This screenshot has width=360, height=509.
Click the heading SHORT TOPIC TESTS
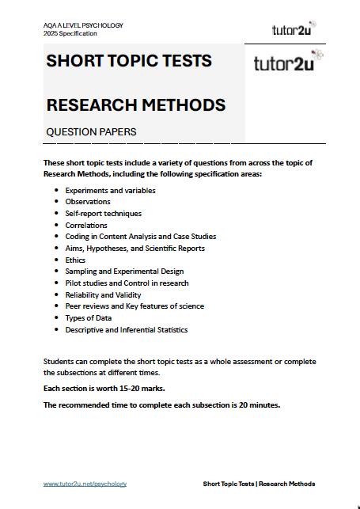[x=129, y=61]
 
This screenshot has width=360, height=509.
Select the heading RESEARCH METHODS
[x=136, y=104]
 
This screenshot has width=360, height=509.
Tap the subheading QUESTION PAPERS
[x=92, y=131]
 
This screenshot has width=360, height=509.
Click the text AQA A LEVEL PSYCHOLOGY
[x=83, y=25]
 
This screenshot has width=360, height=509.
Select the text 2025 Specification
[x=70, y=33]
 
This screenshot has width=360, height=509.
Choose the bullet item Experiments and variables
[x=110, y=191]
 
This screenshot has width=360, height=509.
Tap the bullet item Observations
[x=88, y=202]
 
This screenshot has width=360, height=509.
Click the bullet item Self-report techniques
[x=104, y=214]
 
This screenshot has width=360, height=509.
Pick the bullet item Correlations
[x=86, y=225]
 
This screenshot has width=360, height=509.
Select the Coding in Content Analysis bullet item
[x=141, y=237]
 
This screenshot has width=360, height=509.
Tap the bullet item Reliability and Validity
[x=106, y=294]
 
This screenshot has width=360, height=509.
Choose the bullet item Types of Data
[x=90, y=317]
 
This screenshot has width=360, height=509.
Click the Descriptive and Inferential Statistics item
[x=127, y=329]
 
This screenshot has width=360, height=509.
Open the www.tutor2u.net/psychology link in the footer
[x=85, y=484]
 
